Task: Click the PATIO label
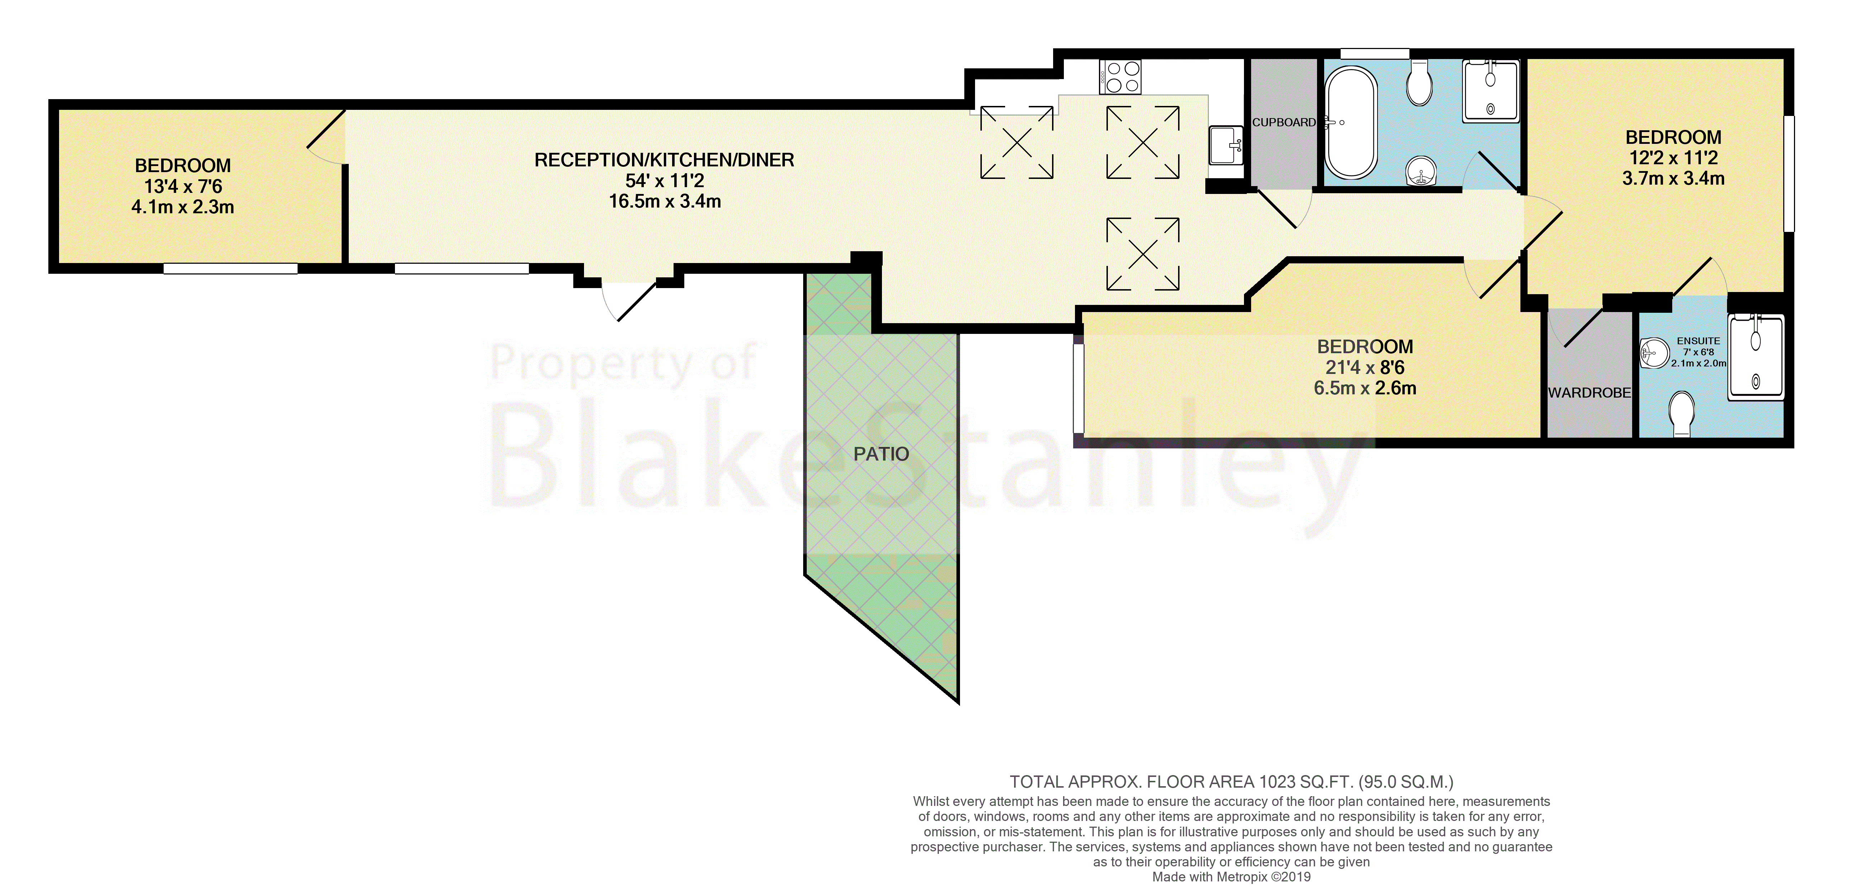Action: (x=881, y=454)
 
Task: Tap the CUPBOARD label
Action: (x=1283, y=122)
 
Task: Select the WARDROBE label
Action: (x=1589, y=393)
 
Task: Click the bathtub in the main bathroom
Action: (x=1350, y=122)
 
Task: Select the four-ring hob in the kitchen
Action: (x=1120, y=77)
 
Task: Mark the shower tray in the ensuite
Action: (x=1755, y=357)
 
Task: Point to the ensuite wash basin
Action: (x=1654, y=353)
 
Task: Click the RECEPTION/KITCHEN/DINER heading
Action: (x=664, y=160)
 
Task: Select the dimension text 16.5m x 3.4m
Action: (x=665, y=202)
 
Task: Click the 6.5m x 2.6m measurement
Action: (x=1365, y=388)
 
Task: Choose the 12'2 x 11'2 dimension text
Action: (x=1673, y=158)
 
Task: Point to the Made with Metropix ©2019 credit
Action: (x=1231, y=877)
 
